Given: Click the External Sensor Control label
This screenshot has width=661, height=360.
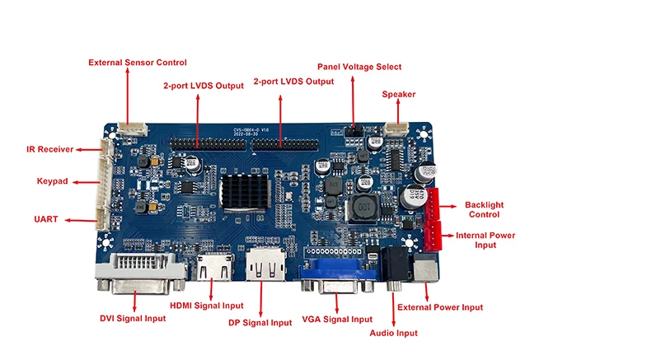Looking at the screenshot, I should [x=138, y=63].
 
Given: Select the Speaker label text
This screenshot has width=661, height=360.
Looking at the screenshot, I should [x=398, y=94].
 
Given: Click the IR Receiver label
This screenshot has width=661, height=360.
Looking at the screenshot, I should [x=49, y=149].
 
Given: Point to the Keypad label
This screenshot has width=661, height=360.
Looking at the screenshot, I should [x=52, y=180].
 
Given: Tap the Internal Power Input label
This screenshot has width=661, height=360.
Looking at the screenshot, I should [x=485, y=240].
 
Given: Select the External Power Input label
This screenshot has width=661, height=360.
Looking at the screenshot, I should [x=440, y=307].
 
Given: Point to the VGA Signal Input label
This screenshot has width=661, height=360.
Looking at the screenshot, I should [x=338, y=319].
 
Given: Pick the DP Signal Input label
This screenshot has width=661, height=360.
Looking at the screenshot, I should [x=260, y=322].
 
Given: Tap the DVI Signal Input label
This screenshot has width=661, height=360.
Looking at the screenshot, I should [x=133, y=318].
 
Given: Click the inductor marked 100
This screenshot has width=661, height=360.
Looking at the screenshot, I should [x=363, y=210].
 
